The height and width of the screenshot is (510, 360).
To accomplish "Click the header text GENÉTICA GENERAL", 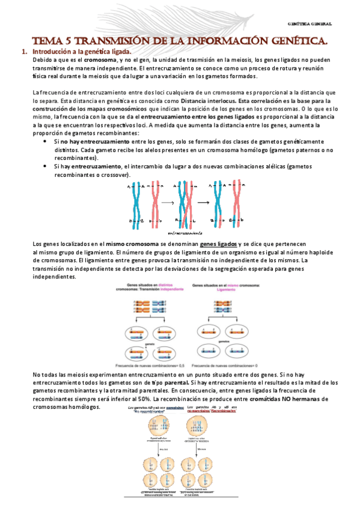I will point(310,24).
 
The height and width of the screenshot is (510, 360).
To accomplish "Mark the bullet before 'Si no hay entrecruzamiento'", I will point(46,140).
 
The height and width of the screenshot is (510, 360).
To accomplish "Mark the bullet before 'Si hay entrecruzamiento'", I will point(46,165).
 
